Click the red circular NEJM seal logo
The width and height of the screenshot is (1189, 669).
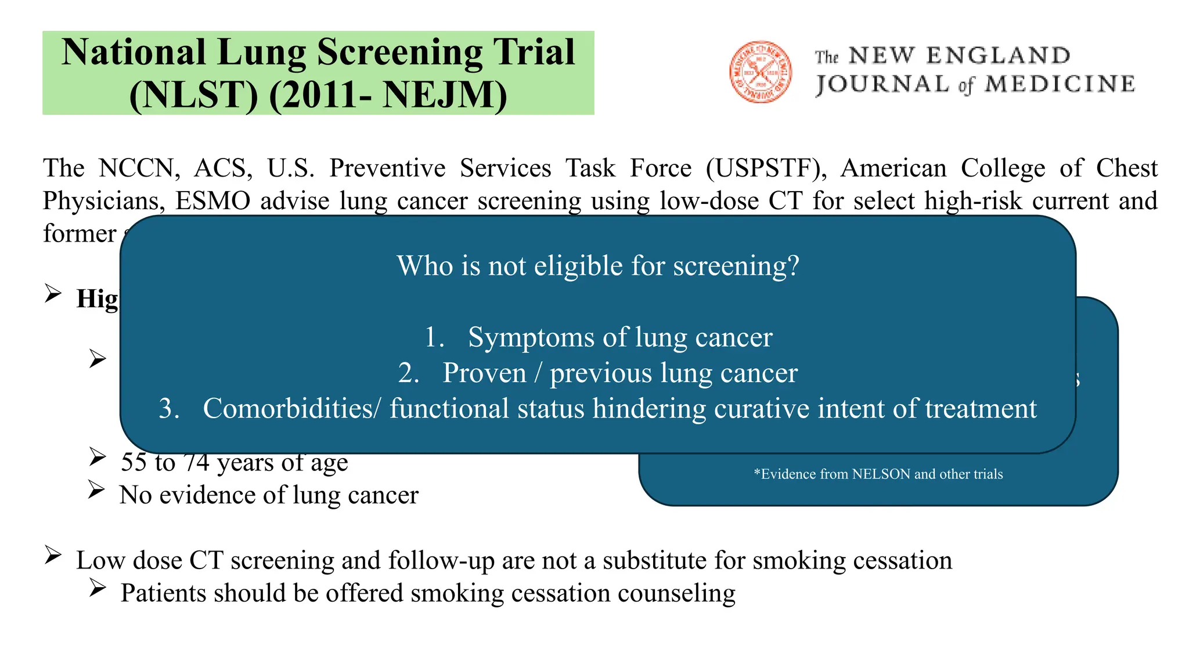761,72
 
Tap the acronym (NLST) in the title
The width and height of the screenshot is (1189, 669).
193,95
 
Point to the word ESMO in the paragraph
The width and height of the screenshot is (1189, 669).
212,201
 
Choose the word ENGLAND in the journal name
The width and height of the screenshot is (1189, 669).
998,56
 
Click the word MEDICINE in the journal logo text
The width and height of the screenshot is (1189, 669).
1060,85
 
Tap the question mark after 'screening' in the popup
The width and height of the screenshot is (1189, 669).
793,266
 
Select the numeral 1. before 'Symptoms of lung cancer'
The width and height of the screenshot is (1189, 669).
434,337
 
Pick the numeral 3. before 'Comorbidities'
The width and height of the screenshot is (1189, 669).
169,408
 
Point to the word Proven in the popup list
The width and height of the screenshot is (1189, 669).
484,373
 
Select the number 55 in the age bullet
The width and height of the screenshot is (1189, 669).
134,462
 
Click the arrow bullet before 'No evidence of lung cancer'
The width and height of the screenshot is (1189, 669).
96,490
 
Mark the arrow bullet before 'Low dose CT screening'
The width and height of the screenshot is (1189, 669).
53,555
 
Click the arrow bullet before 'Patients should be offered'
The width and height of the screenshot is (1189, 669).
97,588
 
